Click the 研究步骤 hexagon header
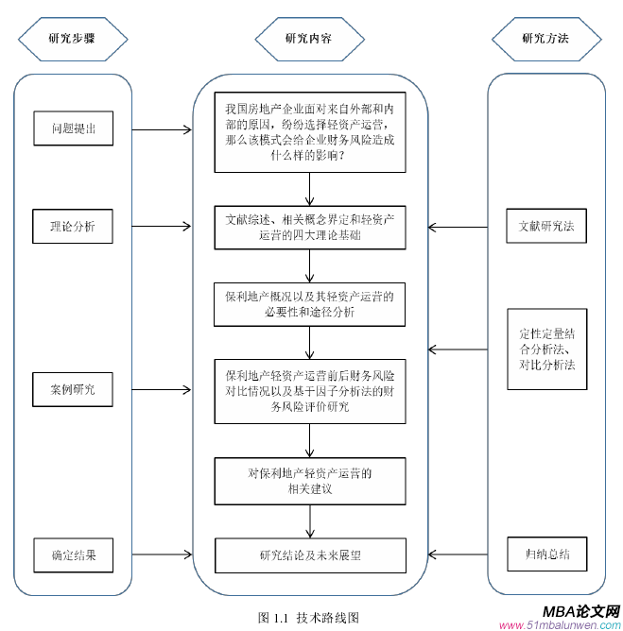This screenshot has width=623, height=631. coord(72,39)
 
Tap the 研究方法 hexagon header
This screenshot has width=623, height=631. coord(545,39)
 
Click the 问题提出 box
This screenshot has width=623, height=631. coord(73,127)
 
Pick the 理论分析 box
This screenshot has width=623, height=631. coord(73,227)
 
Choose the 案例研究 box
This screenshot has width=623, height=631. coord(73,387)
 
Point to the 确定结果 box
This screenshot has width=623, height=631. coord(73,554)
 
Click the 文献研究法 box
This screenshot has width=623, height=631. coord(546,227)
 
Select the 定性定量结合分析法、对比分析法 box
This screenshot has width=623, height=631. coord(546,349)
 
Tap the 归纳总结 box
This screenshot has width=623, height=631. coord(546,554)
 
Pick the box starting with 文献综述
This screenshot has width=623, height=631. coord(309,228)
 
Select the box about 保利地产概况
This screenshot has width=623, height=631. coord(309,304)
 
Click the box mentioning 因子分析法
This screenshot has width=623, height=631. coord(309,386)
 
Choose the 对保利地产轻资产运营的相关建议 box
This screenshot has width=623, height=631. coord(309,481)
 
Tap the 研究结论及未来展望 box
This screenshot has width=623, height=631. coord(309,554)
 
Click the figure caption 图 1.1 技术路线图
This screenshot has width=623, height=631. coord(308,616)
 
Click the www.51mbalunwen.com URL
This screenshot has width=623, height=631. coord(560,624)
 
